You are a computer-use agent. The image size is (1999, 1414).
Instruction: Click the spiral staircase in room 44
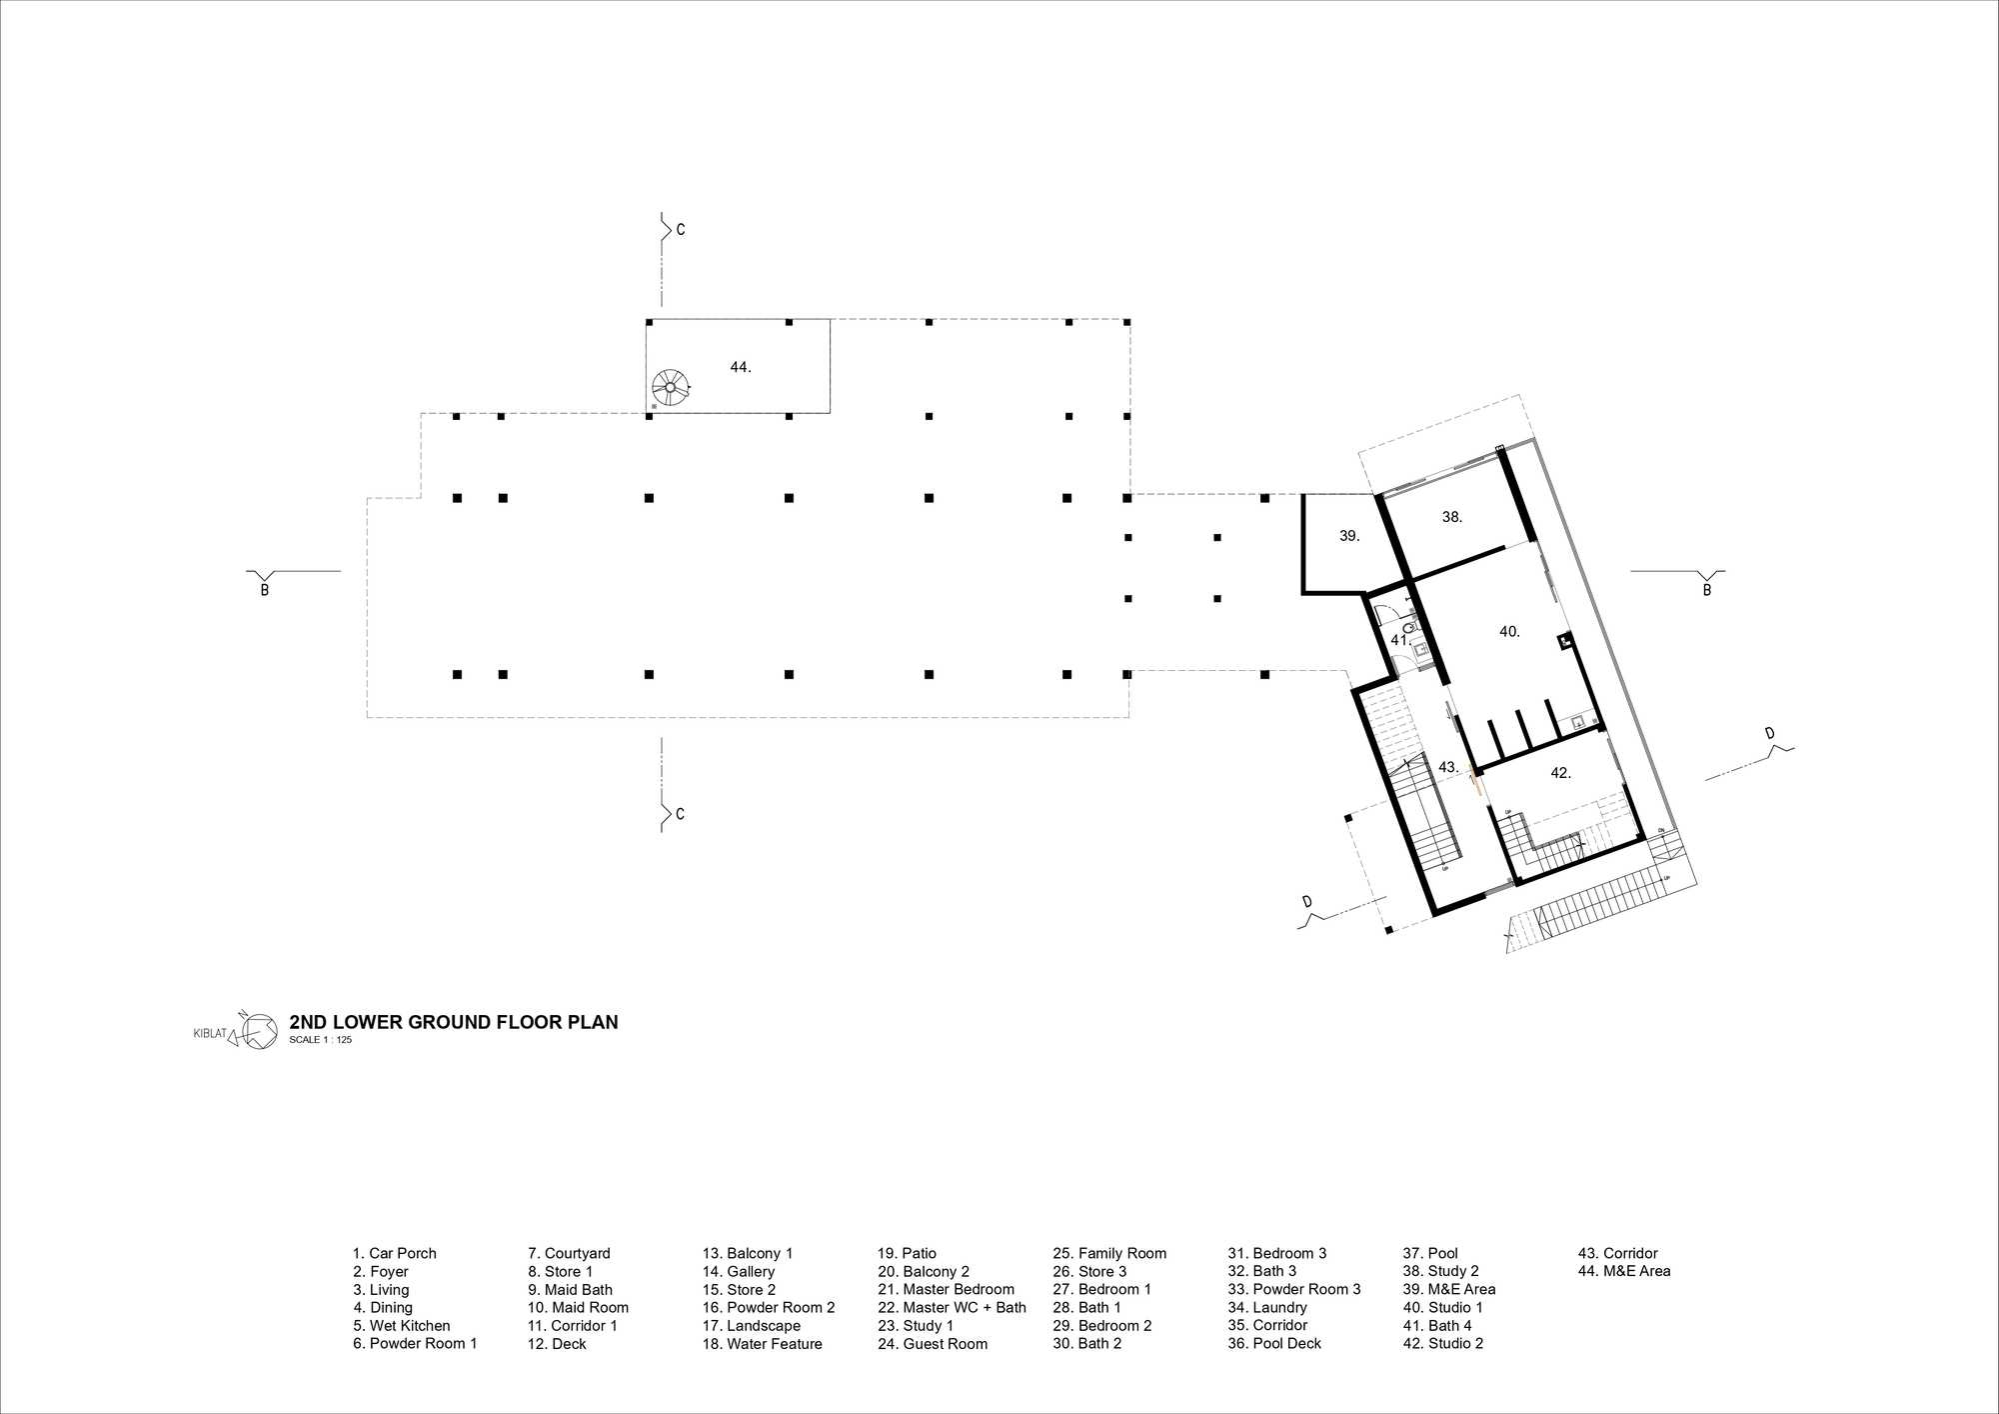point(669,386)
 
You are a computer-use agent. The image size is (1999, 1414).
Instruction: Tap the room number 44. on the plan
point(740,367)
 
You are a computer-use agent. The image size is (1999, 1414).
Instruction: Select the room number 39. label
point(1349,536)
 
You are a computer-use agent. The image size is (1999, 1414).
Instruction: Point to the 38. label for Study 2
point(1452,517)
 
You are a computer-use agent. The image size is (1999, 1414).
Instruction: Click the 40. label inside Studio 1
point(1509,632)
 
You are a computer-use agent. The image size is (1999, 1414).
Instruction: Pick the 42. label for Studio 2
point(1560,773)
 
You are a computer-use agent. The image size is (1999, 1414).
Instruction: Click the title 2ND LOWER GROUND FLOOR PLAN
point(453,1022)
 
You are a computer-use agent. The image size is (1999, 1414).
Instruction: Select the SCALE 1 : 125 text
point(320,1040)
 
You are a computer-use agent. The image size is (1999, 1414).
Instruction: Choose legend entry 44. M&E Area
point(1623,1271)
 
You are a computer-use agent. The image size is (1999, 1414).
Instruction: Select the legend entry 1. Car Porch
point(394,1253)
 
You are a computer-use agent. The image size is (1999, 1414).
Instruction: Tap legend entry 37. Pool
point(1430,1253)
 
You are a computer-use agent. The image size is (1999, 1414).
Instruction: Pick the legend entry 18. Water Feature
point(762,1344)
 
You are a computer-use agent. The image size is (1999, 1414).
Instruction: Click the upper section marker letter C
point(681,230)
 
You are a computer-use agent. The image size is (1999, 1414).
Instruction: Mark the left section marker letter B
point(265,590)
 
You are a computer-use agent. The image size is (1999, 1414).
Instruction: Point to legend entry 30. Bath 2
point(1086,1344)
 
